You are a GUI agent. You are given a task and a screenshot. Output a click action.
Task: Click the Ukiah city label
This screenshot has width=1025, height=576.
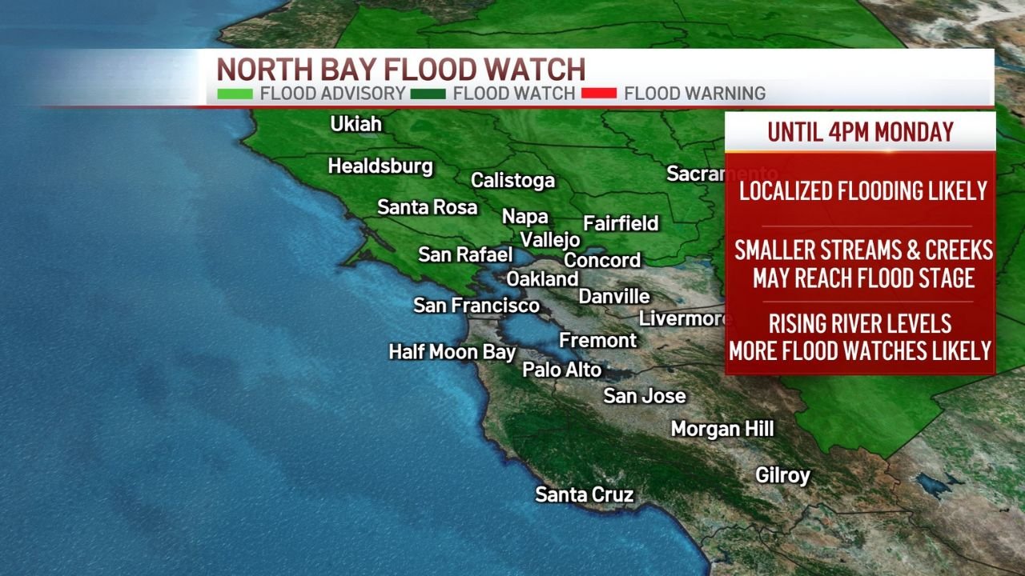(356, 125)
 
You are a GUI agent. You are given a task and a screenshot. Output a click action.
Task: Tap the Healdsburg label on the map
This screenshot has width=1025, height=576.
(380, 166)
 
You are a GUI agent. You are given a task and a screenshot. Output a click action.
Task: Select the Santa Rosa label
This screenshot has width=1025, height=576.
(427, 207)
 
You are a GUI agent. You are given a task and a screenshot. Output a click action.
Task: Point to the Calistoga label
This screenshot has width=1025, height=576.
(512, 180)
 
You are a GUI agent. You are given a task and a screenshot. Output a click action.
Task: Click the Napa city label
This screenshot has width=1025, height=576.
(525, 216)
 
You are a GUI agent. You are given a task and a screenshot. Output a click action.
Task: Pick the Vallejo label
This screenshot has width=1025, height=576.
(550, 239)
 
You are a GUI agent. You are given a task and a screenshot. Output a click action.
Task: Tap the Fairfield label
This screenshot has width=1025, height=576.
(621, 223)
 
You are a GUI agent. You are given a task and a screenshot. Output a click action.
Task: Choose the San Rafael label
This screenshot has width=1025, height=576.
(465, 254)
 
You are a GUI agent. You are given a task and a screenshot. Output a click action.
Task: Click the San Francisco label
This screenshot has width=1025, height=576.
(476, 305)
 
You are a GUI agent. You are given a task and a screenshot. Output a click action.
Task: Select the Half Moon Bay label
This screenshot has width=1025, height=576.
(452, 351)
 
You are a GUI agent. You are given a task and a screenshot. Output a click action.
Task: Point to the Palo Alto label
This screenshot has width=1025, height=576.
(562, 369)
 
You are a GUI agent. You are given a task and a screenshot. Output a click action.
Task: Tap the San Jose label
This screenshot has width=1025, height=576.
(645, 395)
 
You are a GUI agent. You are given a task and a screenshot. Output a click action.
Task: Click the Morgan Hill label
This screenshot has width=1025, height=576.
(722, 429)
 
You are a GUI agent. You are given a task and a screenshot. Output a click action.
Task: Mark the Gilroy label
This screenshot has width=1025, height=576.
(783, 475)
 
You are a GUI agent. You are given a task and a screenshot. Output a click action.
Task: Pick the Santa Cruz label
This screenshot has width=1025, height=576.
(585, 494)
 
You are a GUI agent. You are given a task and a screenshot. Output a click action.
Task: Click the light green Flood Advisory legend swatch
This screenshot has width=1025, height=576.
(235, 94)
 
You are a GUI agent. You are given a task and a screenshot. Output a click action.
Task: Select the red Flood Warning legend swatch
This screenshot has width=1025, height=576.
(599, 94)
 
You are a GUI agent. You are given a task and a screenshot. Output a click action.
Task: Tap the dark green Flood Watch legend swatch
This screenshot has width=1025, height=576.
(428, 94)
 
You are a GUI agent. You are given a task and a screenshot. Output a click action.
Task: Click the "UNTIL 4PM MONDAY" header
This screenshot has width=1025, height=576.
(860, 131)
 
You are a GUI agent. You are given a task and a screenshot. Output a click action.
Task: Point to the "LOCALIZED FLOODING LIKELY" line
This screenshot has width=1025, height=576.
(863, 190)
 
